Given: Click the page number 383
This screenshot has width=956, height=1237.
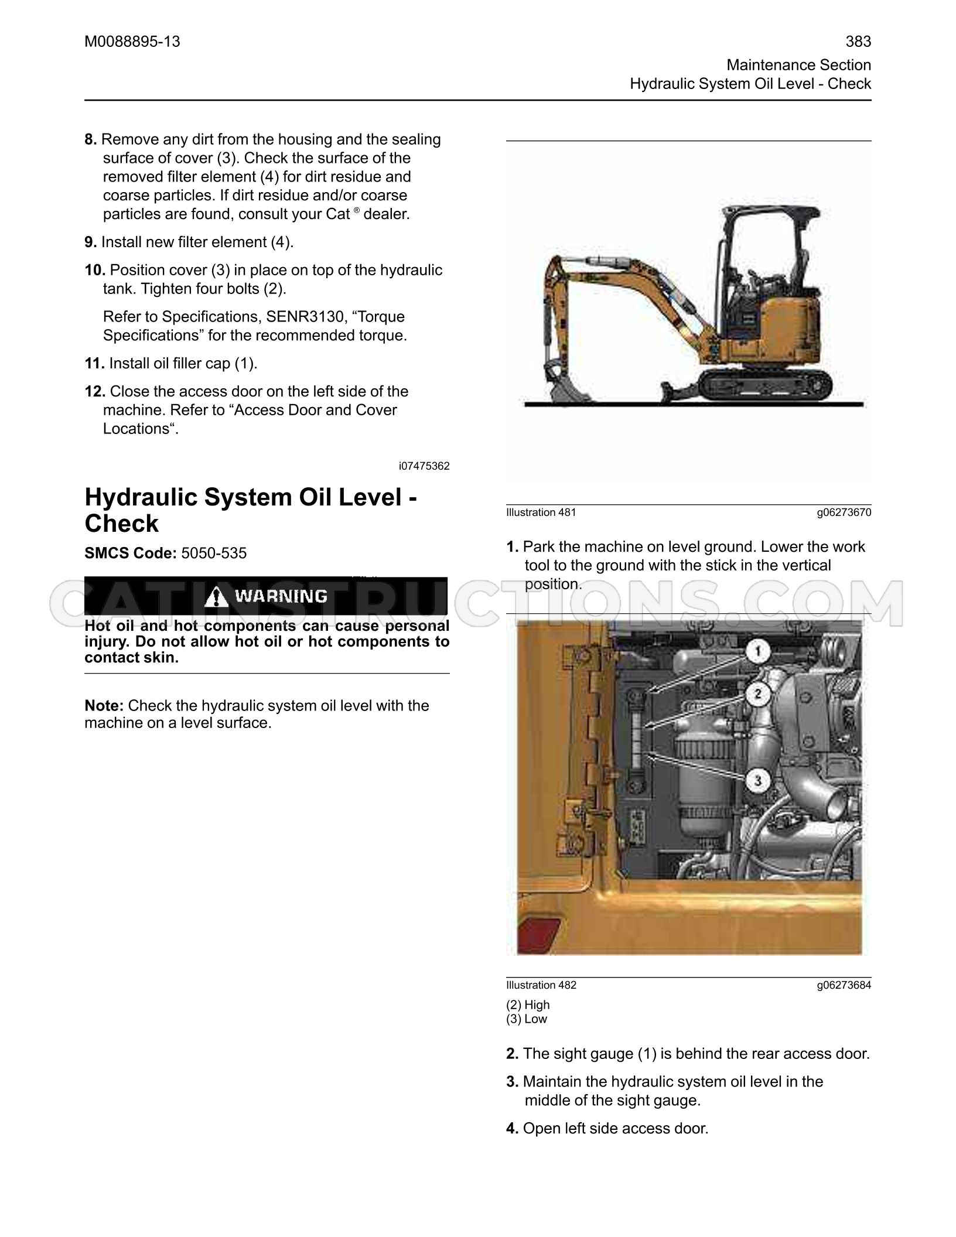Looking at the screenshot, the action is point(858,42).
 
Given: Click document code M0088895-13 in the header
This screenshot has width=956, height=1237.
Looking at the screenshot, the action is point(132,42).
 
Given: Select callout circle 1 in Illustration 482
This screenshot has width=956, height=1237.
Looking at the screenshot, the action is point(757,651).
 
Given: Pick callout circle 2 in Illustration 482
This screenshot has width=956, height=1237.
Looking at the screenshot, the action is point(757,695).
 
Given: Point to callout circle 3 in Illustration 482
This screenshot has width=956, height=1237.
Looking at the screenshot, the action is point(757,781).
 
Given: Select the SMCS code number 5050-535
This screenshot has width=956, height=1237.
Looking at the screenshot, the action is point(214,553).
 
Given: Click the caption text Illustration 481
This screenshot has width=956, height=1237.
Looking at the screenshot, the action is point(541,512).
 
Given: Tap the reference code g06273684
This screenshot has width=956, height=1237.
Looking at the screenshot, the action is point(844,985).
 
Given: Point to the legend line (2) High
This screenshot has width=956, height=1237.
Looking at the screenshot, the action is point(528,1004).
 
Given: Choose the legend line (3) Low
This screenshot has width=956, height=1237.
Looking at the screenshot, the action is point(527,1019).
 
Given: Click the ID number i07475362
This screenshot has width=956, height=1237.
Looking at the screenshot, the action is point(424,466).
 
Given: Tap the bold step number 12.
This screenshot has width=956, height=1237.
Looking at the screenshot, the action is point(95,391).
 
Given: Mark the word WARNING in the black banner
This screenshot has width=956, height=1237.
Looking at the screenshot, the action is point(281,596).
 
